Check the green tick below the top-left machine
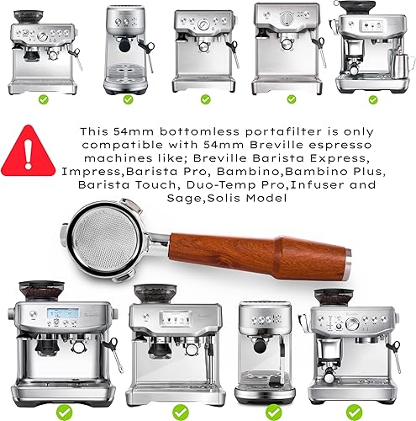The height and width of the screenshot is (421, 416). (x=43, y=99)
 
